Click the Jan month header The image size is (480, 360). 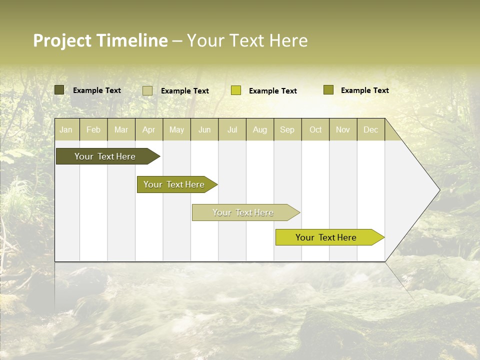pos(66,129)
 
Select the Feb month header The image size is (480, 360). pos(93,129)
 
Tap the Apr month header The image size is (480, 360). pos(148,129)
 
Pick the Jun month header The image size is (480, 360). pos(204,129)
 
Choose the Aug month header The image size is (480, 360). pos(259,129)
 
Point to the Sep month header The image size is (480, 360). pos(287,129)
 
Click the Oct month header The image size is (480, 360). pos(315,129)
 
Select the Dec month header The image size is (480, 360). pos(370,129)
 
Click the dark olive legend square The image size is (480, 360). pos(59,90)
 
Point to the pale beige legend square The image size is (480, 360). pos(147,90)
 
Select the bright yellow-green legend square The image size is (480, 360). pos(236,90)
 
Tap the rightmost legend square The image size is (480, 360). pos(328,90)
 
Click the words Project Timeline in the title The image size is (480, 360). pos(100,40)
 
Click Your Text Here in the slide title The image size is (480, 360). pos(247,40)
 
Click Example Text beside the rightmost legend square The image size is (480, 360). pos(364,90)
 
